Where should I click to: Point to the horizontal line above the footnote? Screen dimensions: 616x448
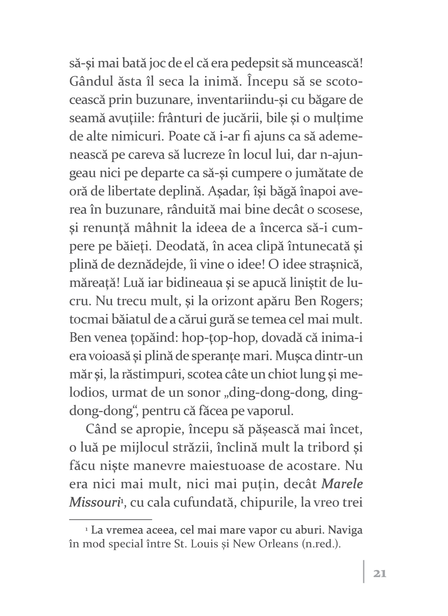(111, 519)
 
